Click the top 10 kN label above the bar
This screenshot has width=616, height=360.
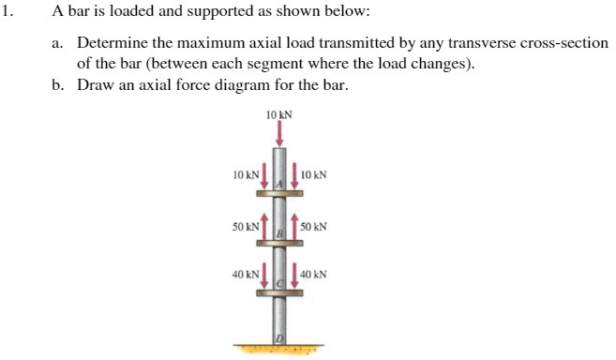point(278,115)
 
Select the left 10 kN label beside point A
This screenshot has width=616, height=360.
point(245,174)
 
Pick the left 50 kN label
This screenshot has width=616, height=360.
point(245,227)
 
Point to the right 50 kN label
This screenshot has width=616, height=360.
point(314,227)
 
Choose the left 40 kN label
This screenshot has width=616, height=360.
point(245,276)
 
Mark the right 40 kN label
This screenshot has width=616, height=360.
point(314,276)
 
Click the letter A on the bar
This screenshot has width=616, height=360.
point(278,187)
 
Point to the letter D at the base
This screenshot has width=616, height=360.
point(278,337)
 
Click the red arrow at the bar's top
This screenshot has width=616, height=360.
point(278,136)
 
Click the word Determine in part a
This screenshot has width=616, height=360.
point(111,43)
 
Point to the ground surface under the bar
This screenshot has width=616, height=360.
point(278,351)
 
